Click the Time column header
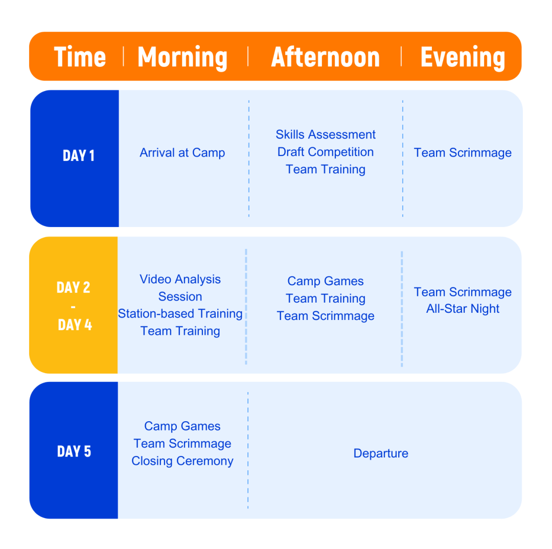pos(80,57)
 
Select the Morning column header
pos(182,58)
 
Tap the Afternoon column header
pos(325,57)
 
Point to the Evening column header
pos(463,58)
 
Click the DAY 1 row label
pos(79,155)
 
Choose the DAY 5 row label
pos(74,451)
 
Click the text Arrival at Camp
pos(182,153)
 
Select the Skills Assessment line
pos(326,134)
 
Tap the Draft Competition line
pos(326,152)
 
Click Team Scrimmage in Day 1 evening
pos(463,153)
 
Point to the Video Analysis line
pos(180,279)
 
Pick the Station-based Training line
pos(180,313)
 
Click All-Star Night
pos(463,309)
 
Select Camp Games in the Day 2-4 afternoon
pos(326,281)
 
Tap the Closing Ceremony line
pos(182,461)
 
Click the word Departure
pos(381,453)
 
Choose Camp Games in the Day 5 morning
pos(182,426)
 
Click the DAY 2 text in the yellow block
pos(74,287)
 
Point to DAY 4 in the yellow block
pos(75,325)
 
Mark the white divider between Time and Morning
pos(123,56)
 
